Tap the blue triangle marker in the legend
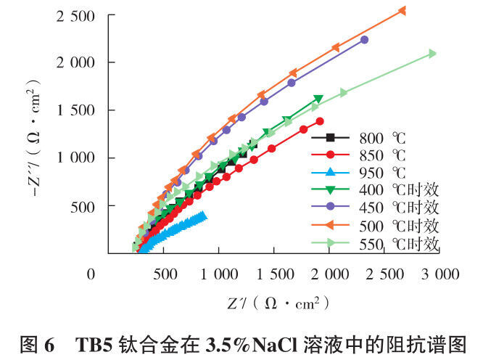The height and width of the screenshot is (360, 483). click(330, 172)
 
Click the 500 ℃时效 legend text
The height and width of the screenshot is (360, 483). click(399, 226)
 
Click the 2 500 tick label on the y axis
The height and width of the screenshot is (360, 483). click(75, 17)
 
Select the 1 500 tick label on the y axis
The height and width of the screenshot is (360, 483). click(75, 110)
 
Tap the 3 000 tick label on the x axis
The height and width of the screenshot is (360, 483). click(440, 274)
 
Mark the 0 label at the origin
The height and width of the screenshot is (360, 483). click(91, 274)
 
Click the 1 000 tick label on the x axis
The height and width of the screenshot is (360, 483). click(219, 274)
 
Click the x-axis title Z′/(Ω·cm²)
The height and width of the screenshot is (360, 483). click(278, 304)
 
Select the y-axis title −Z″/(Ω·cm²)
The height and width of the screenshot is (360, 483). click(33, 137)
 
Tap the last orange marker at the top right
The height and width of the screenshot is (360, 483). click(402, 11)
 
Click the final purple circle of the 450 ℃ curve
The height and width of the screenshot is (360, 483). click(364, 40)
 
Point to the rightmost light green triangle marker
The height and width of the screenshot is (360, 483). click(432, 54)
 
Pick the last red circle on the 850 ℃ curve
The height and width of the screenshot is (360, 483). click(320, 121)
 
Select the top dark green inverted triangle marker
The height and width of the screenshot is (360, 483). click(318, 99)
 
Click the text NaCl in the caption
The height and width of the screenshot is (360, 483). click(275, 345)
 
